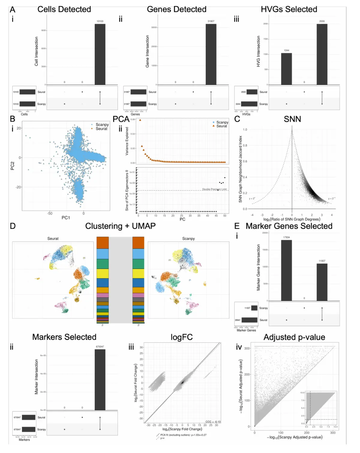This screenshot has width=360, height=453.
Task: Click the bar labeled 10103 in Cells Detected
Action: tap(100, 54)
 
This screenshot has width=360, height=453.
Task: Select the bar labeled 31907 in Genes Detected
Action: tap(211, 54)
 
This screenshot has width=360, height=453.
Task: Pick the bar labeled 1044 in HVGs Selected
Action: tap(286, 69)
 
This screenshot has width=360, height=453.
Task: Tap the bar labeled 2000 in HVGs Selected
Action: tap(322, 54)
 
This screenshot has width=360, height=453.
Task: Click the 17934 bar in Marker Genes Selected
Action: tap(286, 270)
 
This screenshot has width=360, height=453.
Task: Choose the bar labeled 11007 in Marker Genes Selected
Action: tap(322, 282)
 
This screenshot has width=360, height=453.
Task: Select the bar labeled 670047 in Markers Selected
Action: tap(100, 380)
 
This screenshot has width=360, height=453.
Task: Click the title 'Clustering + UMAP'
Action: tap(120, 226)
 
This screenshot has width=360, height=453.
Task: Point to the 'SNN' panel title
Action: tap(292, 119)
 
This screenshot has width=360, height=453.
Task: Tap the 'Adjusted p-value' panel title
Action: tap(294, 337)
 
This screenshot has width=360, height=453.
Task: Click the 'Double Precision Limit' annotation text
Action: tap(214, 189)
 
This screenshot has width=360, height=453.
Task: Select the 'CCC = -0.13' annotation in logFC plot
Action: tap(213, 422)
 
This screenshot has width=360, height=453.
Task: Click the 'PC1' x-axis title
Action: tap(66, 218)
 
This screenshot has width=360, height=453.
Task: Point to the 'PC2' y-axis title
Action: tap(12, 166)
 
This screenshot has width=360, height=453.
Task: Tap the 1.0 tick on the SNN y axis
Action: tap(245, 130)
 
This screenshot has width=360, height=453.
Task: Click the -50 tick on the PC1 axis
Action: tap(50, 213)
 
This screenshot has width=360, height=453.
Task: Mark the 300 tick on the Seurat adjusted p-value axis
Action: tap(247, 348)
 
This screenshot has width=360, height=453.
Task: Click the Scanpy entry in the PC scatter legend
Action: tap(102, 124)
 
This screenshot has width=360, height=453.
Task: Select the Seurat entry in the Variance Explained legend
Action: tap(221, 126)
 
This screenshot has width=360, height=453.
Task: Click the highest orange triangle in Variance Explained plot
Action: tap(140, 120)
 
